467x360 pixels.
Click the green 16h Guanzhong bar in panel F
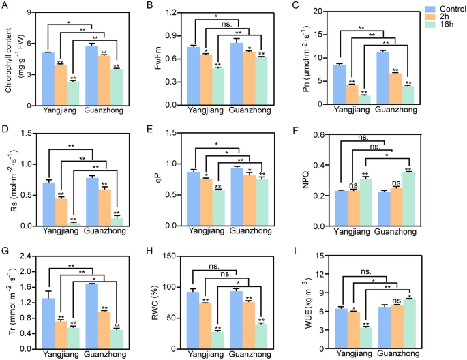coord(408,198)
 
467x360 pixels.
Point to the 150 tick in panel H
coord(179,256)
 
